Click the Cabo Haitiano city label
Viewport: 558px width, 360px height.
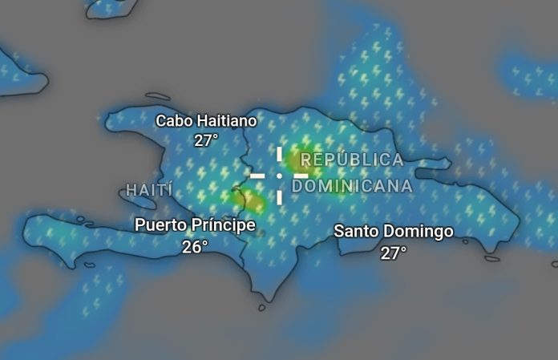[x=206, y=121]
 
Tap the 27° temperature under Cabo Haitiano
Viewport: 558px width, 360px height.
[x=206, y=140]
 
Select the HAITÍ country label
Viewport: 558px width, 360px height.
[x=149, y=190]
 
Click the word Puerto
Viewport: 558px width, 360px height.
[x=163, y=225]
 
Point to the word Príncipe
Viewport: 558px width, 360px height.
[x=224, y=225]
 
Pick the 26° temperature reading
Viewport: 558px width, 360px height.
[x=195, y=246]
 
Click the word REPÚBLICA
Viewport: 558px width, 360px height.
[x=352, y=160]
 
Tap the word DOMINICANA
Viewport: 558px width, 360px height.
[x=352, y=186]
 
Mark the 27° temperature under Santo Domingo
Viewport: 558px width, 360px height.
[x=393, y=253]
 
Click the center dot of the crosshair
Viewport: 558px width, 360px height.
[x=279, y=175]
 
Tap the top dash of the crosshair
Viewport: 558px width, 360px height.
[x=279, y=154]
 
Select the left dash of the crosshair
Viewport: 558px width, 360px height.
[x=257, y=175]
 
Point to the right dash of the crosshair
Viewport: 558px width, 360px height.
[x=300, y=175]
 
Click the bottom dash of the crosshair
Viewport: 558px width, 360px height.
[x=279, y=196]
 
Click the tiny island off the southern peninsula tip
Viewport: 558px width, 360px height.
[x=262, y=307]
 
